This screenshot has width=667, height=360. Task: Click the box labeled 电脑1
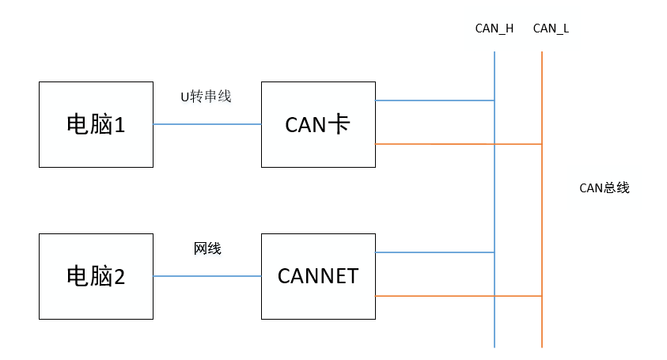(96, 123)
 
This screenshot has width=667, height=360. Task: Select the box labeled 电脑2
(96, 276)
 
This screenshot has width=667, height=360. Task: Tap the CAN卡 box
(318, 123)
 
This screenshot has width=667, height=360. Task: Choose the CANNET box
(318, 276)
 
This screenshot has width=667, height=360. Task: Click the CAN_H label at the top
(494, 28)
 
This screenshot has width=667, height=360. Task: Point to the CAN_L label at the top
(551, 28)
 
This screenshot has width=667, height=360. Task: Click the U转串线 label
(206, 97)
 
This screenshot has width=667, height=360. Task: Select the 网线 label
(207, 248)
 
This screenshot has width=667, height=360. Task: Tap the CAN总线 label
(604, 188)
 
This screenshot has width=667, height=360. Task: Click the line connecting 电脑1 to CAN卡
(207, 124)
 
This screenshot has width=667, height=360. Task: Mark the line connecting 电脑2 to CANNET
(207, 276)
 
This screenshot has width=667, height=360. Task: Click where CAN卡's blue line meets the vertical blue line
(495, 100)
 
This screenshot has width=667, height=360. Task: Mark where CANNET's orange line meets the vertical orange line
(542, 296)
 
